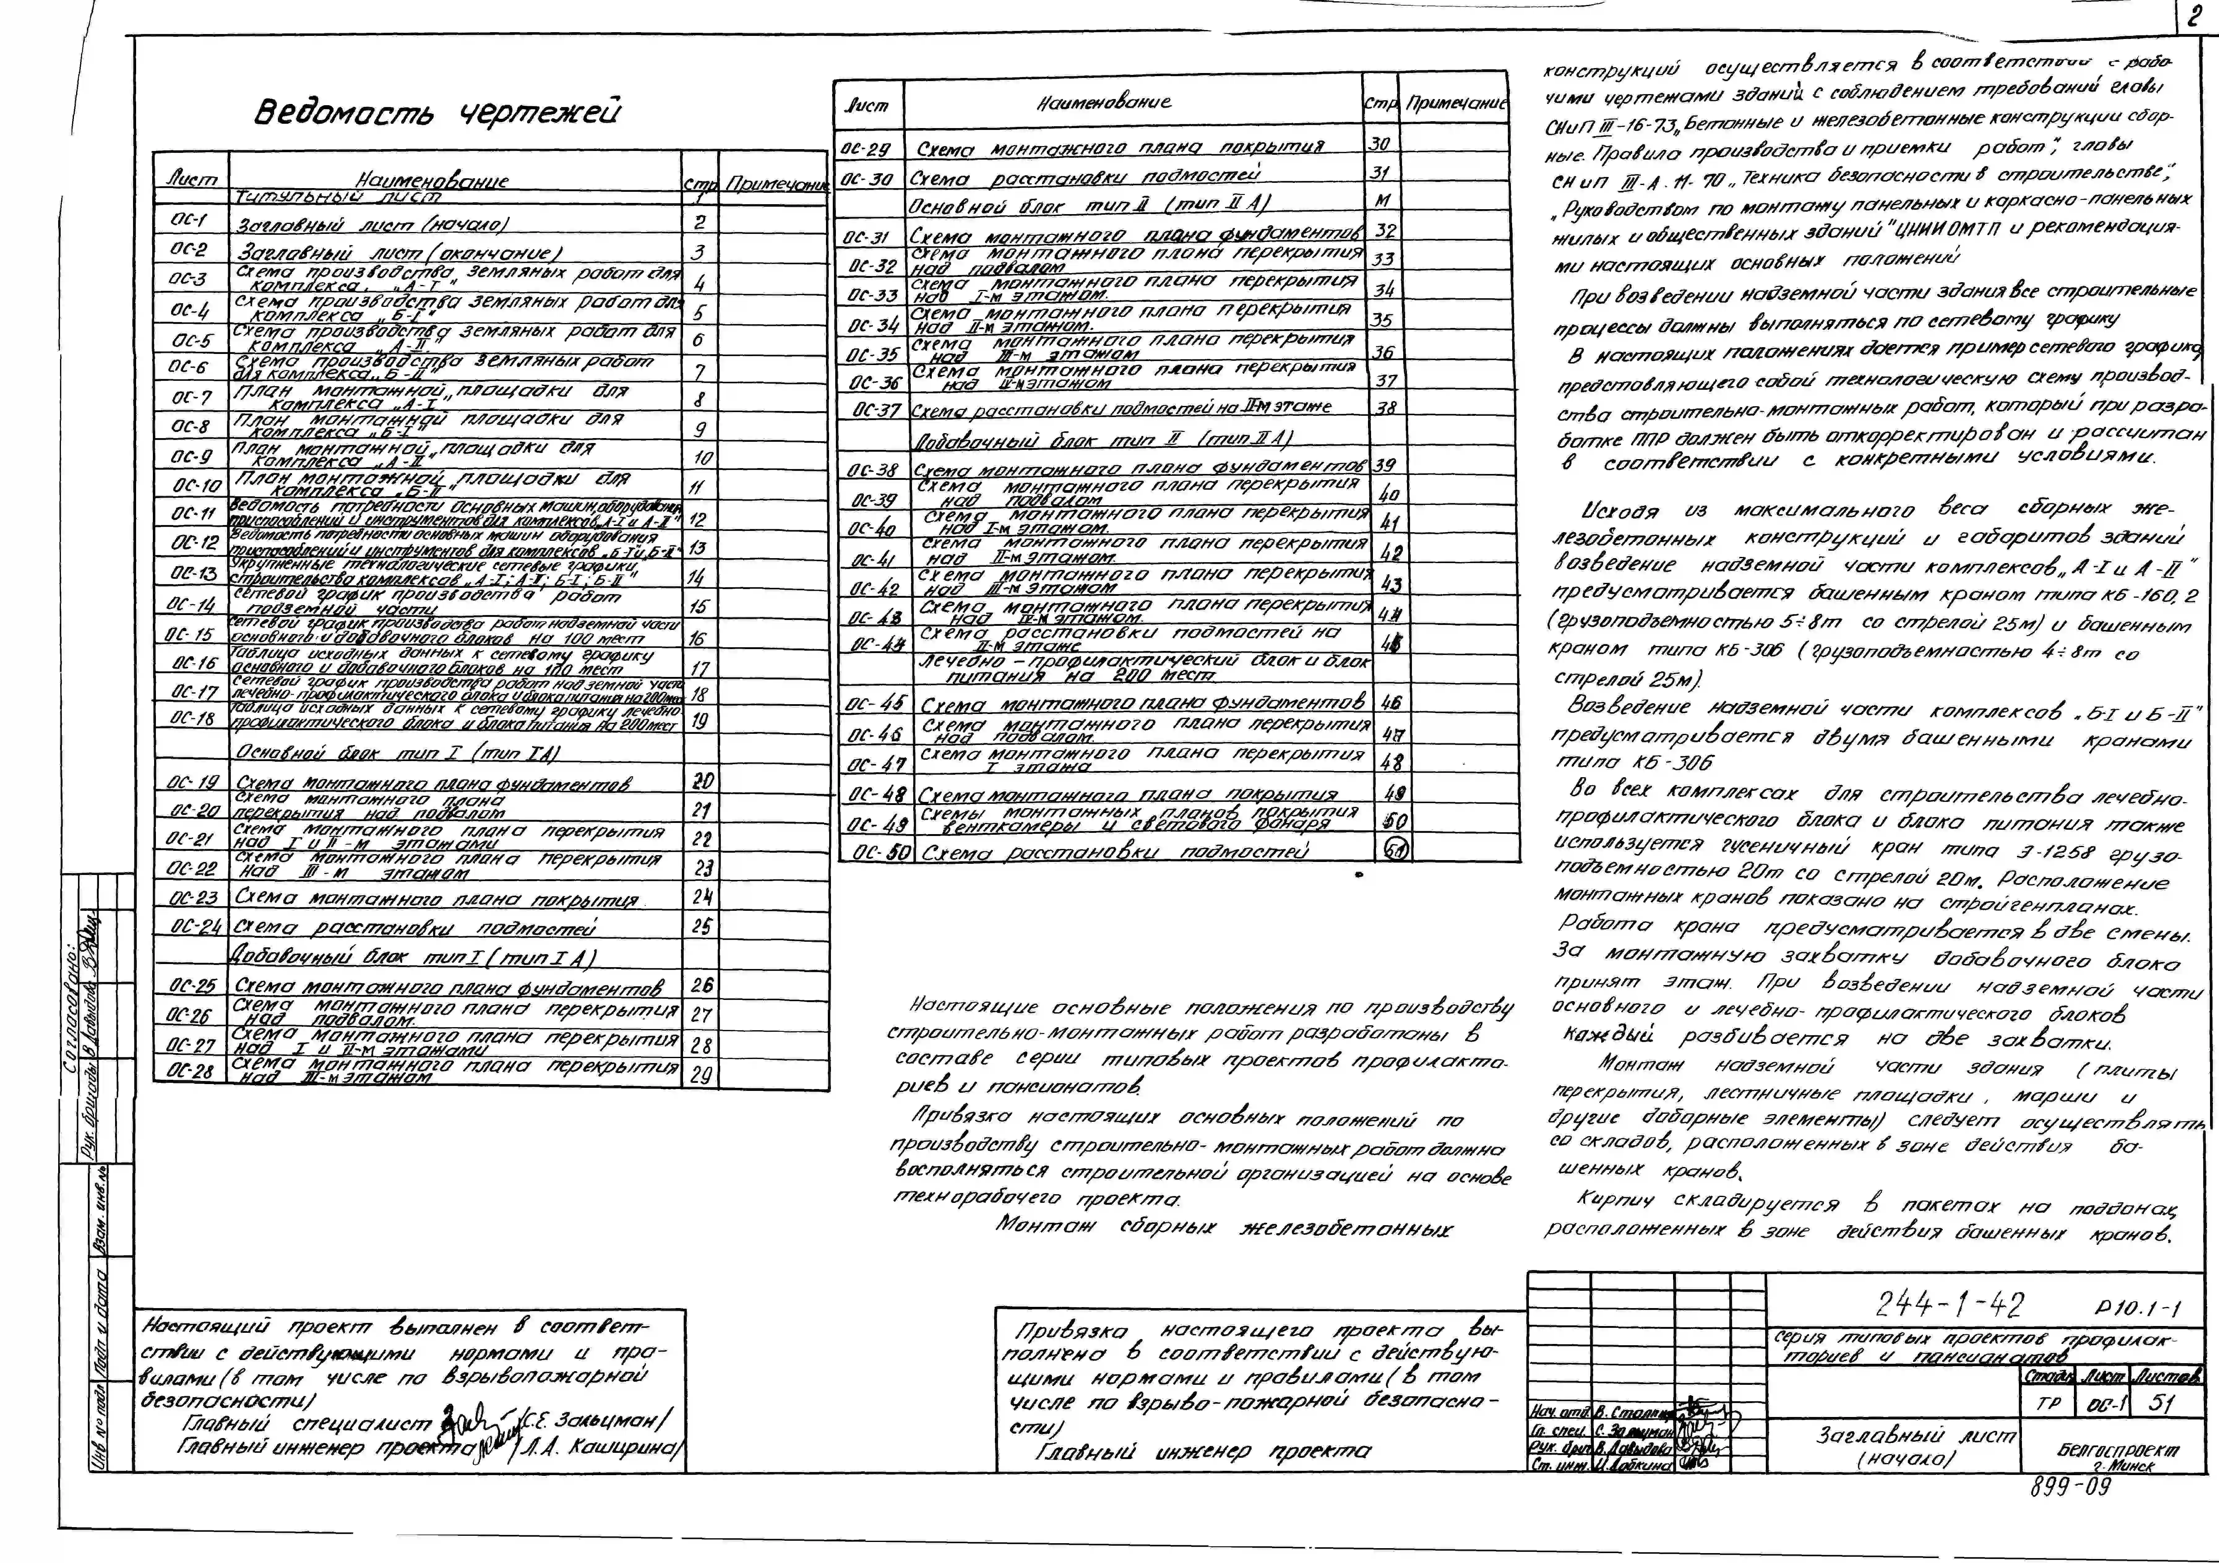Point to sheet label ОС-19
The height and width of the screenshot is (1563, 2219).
pos(193,781)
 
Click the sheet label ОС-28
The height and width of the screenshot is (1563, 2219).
pos(190,1070)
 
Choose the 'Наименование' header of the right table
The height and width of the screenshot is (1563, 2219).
pos(1104,101)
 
